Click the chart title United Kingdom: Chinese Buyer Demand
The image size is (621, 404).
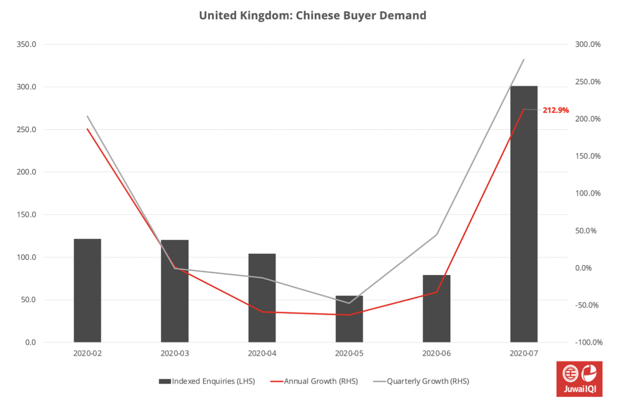point(312,16)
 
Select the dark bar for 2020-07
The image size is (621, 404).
point(524,213)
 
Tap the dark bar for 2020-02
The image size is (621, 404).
point(87,291)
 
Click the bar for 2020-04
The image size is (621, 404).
point(262,298)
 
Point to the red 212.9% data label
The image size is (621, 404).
point(556,110)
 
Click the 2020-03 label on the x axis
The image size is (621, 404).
point(175,354)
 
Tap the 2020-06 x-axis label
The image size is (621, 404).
point(436,354)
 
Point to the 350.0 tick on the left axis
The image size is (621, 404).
point(26,45)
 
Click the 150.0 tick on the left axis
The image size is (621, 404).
point(26,215)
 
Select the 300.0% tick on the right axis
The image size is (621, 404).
point(588,45)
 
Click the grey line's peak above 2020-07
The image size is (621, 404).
point(524,60)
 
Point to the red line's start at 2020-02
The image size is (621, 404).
point(88,129)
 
